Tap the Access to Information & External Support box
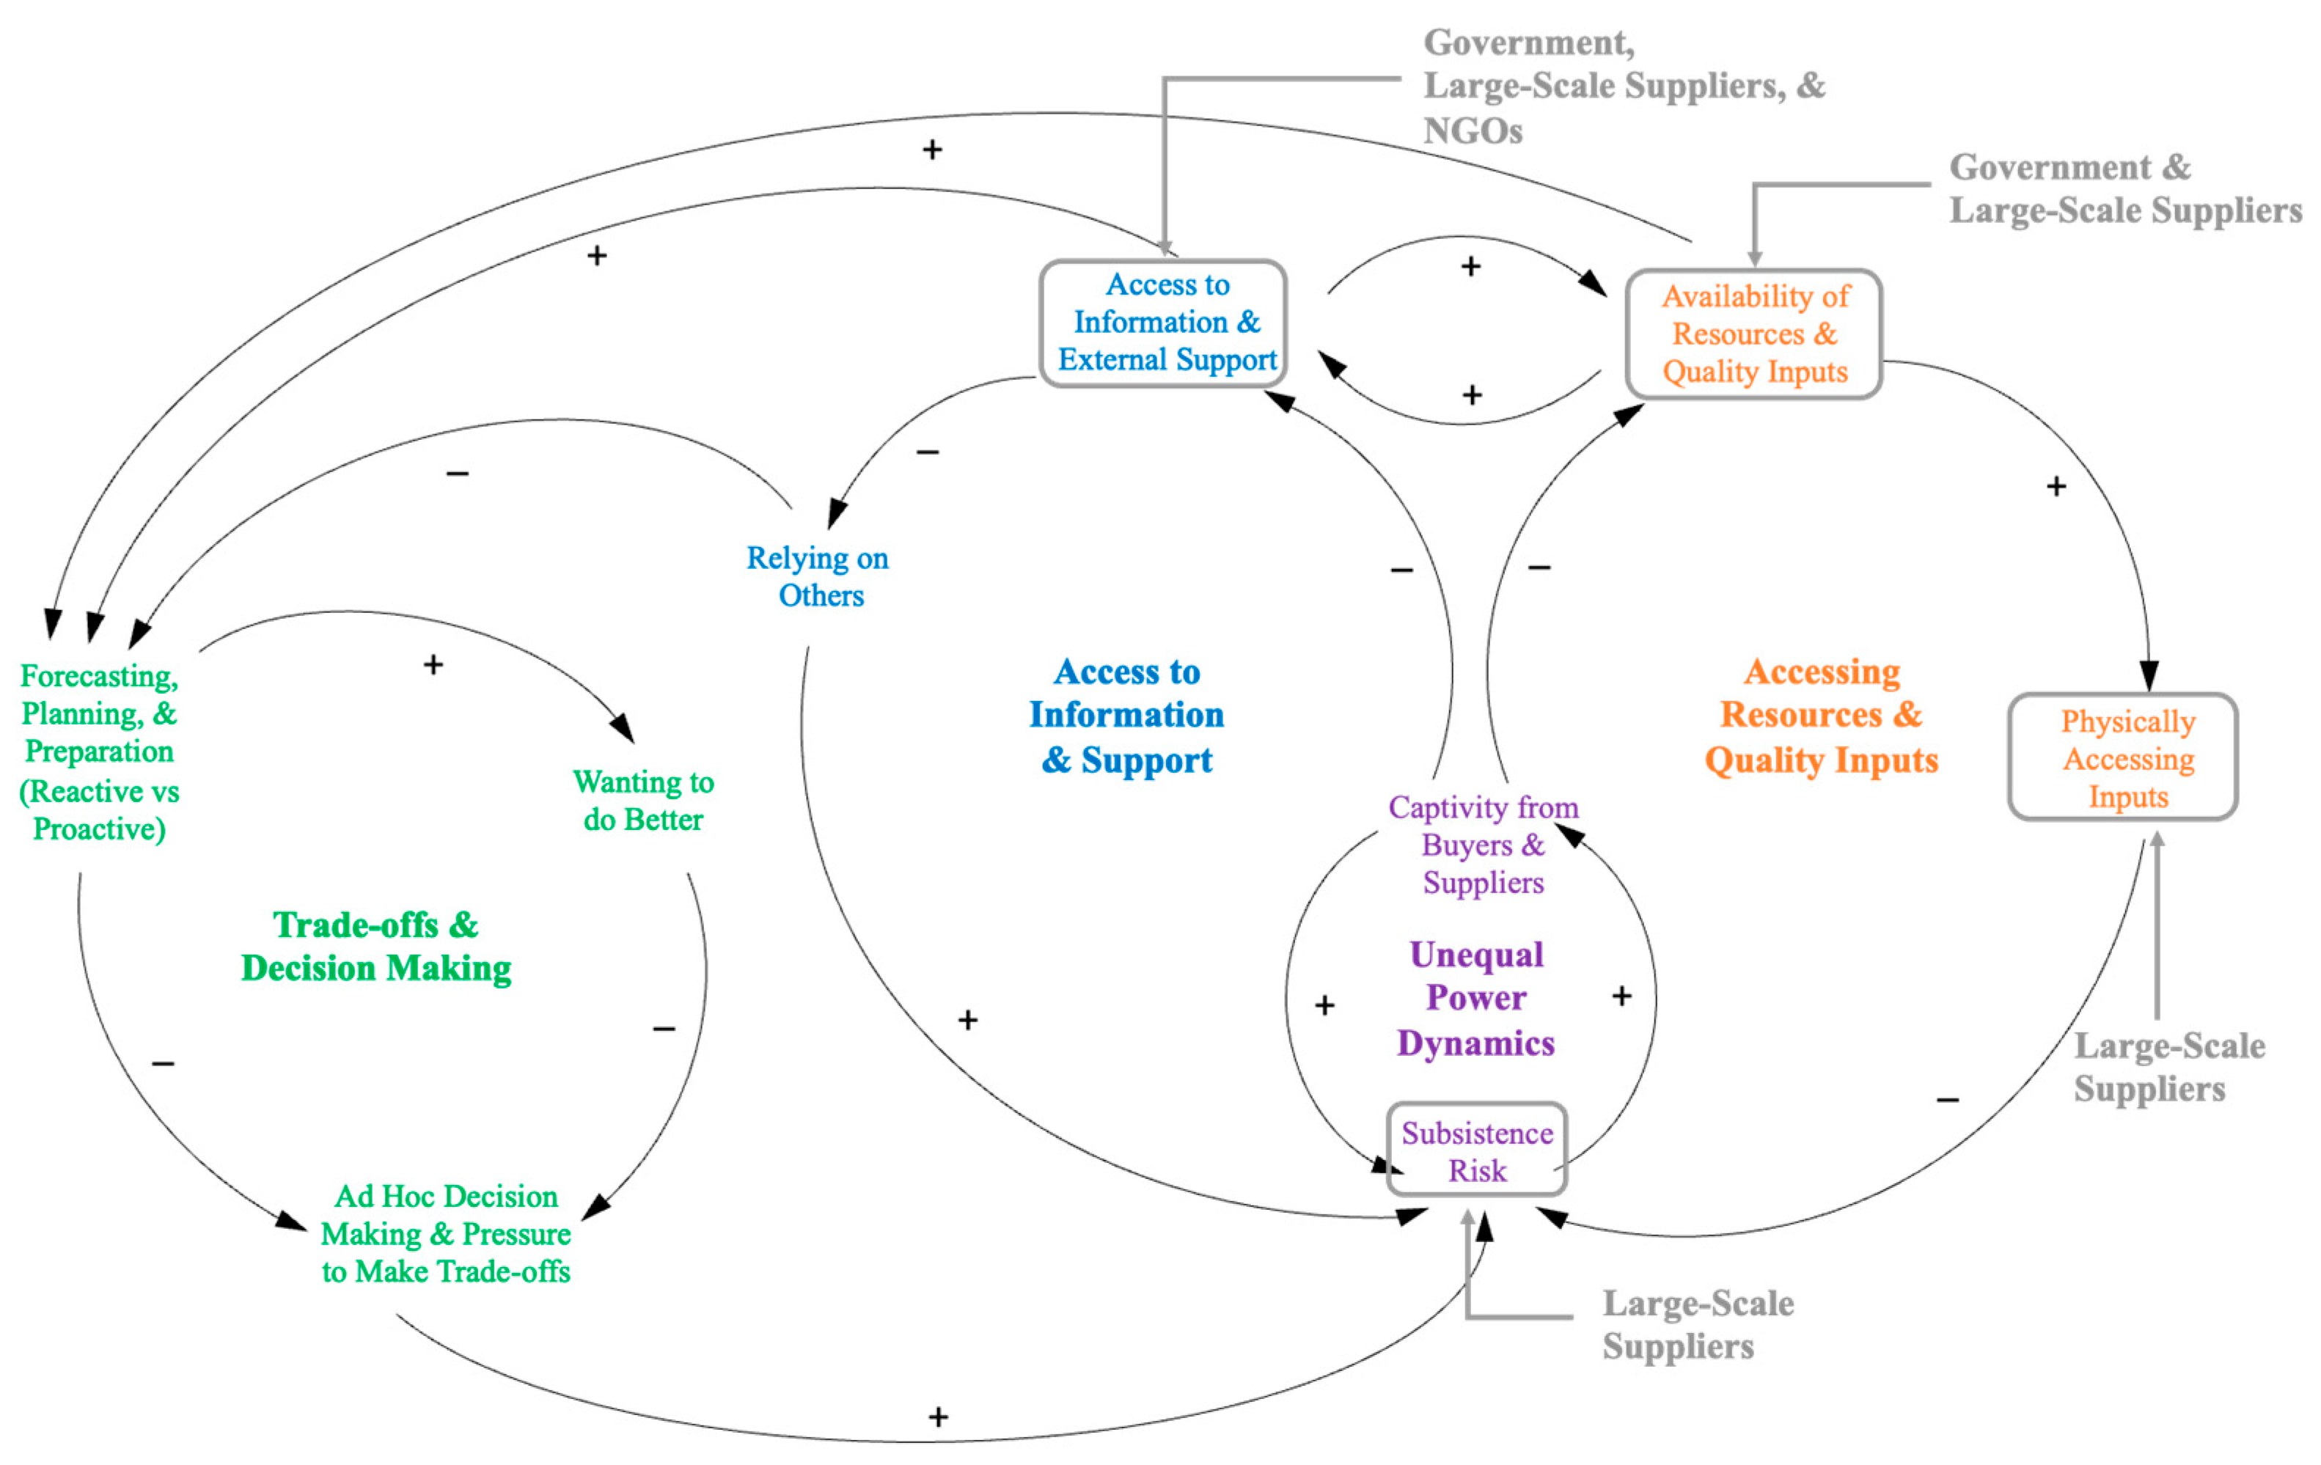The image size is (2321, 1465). click(1163, 323)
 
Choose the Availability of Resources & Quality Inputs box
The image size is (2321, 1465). click(1753, 334)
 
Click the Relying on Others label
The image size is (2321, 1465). click(818, 576)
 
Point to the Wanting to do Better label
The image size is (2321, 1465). click(643, 801)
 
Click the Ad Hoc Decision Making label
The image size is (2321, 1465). click(445, 1234)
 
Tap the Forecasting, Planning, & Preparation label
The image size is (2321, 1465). click(99, 752)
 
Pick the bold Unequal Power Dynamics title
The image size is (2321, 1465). click(1475, 999)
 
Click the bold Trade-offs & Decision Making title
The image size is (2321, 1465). click(376, 947)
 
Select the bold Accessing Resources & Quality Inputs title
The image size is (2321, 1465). click(1821, 716)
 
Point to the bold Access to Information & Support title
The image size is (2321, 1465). click(1126, 716)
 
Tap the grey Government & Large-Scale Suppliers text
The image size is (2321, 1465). click(2124, 189)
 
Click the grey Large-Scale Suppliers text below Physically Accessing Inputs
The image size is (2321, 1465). click(2168, 1067)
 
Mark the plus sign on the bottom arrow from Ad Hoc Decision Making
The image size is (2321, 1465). click(938, 1417)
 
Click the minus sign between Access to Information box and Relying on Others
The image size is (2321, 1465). click(927, 452)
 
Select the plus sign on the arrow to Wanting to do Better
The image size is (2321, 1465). click(433, 665)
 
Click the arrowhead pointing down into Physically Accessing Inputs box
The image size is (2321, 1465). click(2149, 675)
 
